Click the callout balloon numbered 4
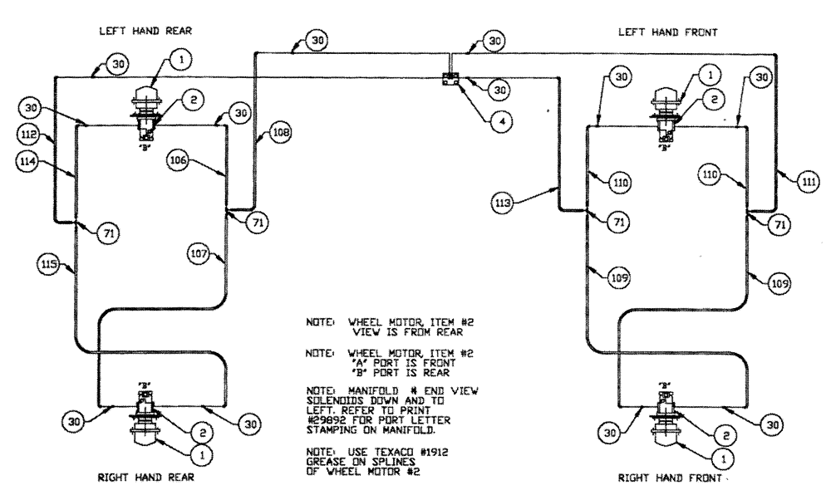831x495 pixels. [x=495, y=119]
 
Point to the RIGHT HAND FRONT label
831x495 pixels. [x=661, y=478]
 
